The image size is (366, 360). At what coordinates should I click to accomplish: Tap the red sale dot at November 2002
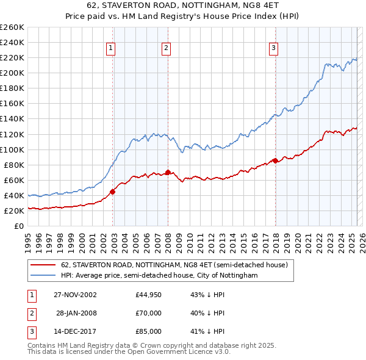tap(113, 192)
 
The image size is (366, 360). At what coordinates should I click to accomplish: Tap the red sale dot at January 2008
tap(168, 172)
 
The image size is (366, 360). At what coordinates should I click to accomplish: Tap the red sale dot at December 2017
tap(275, 160)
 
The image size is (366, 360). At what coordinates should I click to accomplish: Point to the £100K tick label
tap(12, 149)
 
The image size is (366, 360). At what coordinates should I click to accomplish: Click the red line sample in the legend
tap(43, 265)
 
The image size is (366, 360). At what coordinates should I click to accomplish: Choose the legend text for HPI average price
tap(159, 276)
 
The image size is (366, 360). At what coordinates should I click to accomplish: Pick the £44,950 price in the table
tap(149, 295)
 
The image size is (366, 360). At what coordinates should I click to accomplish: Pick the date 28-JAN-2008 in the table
tap(76, 313)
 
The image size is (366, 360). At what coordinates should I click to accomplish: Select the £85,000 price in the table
tap(149, 331)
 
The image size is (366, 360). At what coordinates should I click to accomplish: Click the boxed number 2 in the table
tap(31, 313)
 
